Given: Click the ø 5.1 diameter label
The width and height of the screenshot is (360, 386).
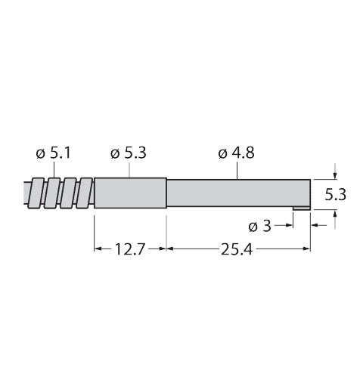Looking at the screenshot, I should click(x=53, y=153).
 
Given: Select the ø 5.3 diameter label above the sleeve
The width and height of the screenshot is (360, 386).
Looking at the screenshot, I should click(x=128, y=153).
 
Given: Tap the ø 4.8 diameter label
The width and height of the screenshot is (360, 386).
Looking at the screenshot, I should click(x=236, y=153).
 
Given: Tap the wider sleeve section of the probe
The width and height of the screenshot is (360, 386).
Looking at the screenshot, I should click(x=129, y=194).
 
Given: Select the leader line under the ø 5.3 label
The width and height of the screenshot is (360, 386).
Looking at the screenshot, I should click(x=129, y=170).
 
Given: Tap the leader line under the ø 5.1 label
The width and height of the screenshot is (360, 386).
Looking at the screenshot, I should click(x=54, y=170).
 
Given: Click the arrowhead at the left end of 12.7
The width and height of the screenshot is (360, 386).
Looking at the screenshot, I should click(x=98, y=248).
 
